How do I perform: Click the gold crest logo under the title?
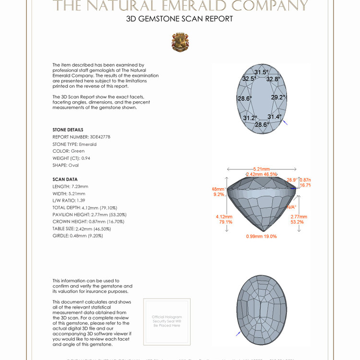pos(180,42)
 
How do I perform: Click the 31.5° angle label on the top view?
pos(261,72)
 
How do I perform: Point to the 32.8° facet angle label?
pos(273,79)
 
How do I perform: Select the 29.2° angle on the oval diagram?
pos(278,97)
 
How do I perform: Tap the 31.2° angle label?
pos(250,118)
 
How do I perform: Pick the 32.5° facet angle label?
pos(249,79)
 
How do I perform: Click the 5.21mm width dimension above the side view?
pos(261,169)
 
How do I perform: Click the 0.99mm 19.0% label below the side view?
pos(261,236)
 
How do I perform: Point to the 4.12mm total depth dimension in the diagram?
pos(224,216)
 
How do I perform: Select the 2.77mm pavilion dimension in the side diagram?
pos(297,216)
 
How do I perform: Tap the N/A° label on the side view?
pos(291,207)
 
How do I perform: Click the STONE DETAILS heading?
pos(68,130)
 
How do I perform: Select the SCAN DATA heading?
pos(65,179)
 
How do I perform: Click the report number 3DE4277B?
pos(100,137)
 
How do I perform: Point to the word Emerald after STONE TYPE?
pos(88,144)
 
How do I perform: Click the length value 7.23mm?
pos(80,186)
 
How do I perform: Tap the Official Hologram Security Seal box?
pos(167,321)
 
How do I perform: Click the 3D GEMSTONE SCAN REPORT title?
pos(180,19)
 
